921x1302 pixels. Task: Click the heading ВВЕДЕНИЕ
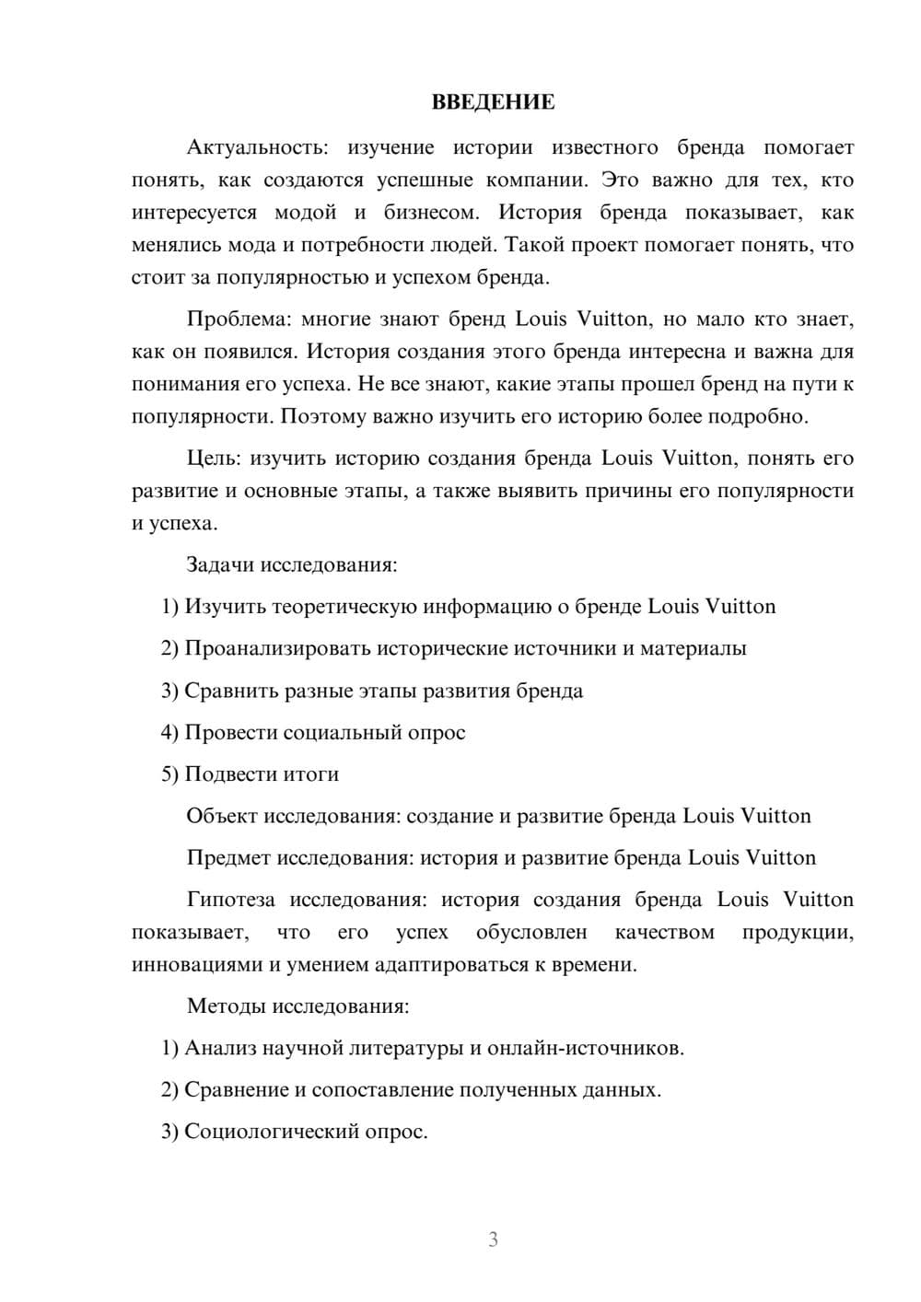[x=493, y=102]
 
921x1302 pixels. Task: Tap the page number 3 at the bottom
[x=493, y=1239]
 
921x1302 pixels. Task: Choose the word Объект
[x=222, y=816]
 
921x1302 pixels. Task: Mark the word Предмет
[x=228, y=857]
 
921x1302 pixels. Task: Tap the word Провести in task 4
[x=230, y=732]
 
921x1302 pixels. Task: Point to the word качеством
[x=664, y=932]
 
